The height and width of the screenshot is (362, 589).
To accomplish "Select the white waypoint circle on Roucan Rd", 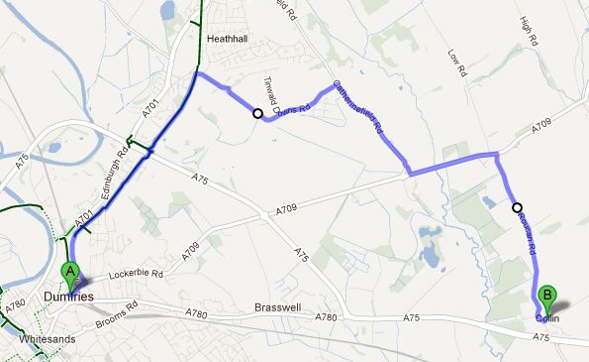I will point(517,207).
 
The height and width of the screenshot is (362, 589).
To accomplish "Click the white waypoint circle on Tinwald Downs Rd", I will point(257,113).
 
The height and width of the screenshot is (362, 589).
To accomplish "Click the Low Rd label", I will point(455,64).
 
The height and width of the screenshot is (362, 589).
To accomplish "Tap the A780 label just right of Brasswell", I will point(351,315).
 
